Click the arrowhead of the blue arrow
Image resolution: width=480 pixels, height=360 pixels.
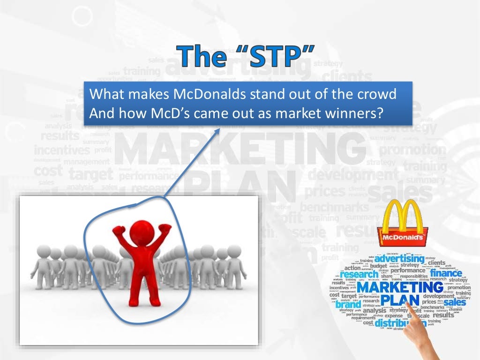tap(218, 130)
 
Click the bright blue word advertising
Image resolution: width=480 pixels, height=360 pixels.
tap(399, 258)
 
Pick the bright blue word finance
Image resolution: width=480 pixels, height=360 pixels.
tap(446, 273)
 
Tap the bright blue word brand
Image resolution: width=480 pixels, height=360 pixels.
tap(348, 305)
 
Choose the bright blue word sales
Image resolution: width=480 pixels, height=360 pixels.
tap(455, 302)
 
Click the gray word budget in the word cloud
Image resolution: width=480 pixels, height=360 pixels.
tap(379, 265)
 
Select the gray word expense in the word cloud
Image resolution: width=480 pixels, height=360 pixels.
tap(394, 315)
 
